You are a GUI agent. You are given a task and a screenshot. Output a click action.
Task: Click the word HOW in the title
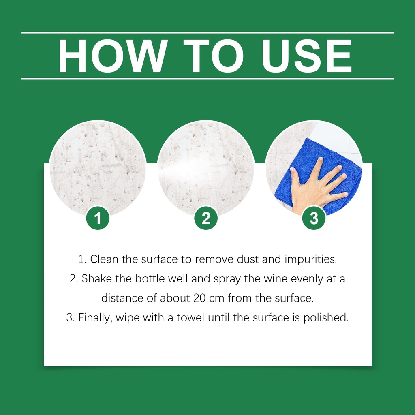(x=113, y=56)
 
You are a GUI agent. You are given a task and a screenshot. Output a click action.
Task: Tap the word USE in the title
(x=307, y=56)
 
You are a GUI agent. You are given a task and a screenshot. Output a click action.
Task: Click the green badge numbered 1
(x=98, y=218)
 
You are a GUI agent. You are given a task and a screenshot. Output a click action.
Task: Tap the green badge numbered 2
(x=206, y=218)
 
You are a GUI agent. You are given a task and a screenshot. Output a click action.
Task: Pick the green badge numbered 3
(x=314, y=218)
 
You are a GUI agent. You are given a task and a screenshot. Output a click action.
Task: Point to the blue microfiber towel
(x=318, y=175)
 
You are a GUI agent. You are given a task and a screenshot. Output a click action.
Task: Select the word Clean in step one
(x=104, y=259)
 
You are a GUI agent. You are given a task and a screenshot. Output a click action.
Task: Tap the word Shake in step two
(x=96, y=279)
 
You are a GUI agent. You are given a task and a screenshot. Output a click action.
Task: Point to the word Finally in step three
(x=94, y=318)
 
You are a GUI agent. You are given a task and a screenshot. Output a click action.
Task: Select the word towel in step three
(x=190, y=318)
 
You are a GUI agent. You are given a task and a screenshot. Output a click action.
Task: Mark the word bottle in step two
(x=150, y=279)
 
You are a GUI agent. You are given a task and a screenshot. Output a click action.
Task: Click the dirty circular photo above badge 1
(x=98, y=168)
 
